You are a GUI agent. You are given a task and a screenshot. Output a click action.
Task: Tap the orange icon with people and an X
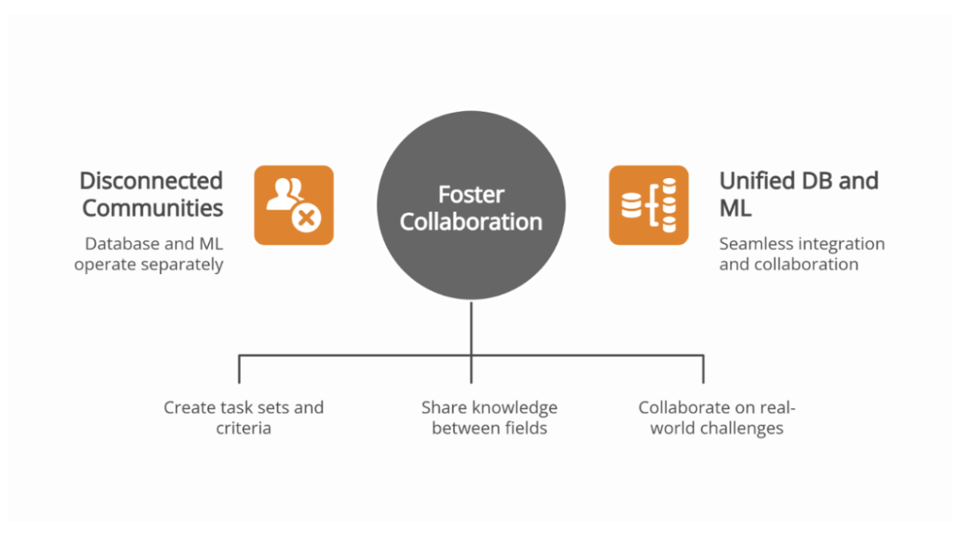click(293, 205)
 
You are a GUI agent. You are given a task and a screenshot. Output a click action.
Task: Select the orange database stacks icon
click(648, 205)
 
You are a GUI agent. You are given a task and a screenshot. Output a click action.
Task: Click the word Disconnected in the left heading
click(151, 181)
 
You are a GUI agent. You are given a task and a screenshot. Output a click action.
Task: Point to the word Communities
click(152, 208)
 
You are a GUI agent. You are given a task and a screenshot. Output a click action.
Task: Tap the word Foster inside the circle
click(471, 195)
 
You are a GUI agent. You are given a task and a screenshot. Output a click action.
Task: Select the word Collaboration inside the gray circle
click(471, 222)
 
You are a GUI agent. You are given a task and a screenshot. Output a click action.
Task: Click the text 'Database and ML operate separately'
click(149, 254)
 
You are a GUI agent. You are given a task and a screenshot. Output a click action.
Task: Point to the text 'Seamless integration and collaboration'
click(801, 254)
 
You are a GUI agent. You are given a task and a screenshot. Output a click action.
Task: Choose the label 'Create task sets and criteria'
click(243, 418)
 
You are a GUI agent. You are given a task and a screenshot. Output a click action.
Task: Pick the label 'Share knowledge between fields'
click(489, 418)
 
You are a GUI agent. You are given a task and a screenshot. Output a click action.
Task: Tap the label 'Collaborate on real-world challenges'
click(716, 418)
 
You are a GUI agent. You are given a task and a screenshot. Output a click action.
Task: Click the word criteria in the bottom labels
click(243, 429)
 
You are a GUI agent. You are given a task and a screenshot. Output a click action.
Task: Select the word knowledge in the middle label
click(515, 408)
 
